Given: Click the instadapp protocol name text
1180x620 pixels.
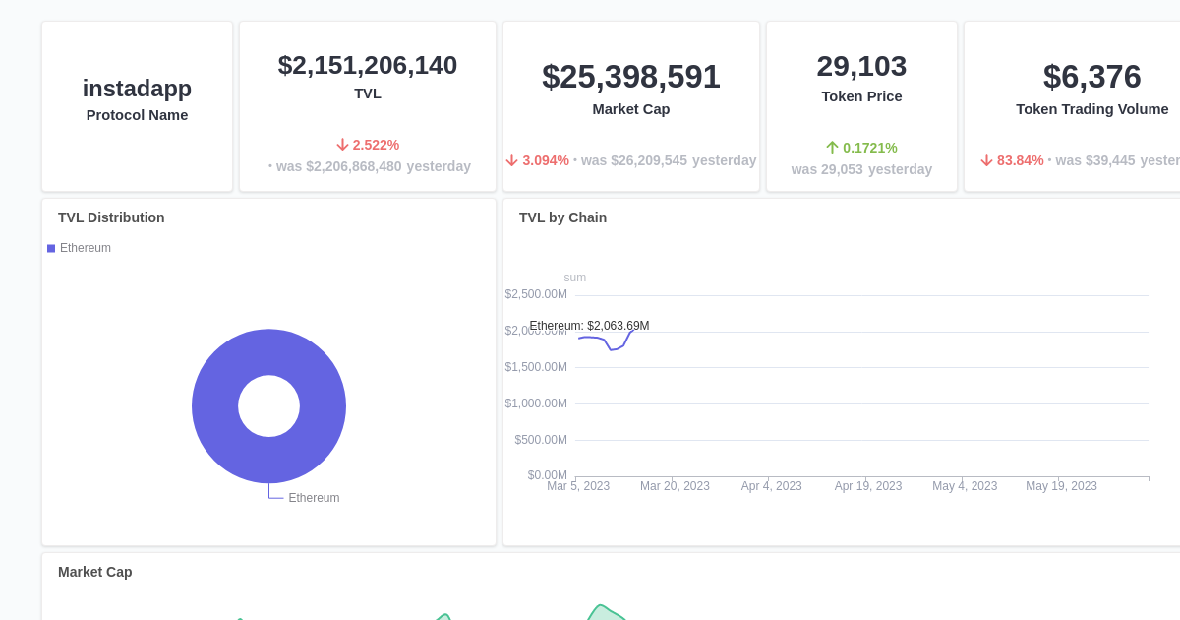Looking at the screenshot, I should [137, 89].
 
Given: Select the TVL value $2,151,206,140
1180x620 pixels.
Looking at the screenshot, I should [368, 65].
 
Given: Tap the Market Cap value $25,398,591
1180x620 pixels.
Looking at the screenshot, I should [631, 77].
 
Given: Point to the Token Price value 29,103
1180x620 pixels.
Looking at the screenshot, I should [861, 66].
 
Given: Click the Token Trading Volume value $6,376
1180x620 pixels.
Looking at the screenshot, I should [1091, 77].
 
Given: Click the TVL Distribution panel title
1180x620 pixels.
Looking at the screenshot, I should [111, 217].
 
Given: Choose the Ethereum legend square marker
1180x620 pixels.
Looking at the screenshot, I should [51, 248].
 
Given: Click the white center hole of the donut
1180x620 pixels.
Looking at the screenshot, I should [268, 406].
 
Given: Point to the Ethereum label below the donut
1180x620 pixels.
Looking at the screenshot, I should [314, 498].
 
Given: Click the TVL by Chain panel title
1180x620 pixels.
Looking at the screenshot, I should [562, 217].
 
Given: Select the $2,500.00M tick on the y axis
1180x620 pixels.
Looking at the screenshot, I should [536, 294].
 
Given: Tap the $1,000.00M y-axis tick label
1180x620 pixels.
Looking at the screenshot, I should [536, 403].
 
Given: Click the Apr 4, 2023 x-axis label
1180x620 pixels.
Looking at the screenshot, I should [771, 486].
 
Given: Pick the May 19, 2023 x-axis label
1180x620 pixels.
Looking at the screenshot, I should [1061, 486].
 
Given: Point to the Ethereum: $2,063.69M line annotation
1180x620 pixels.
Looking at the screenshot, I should [589, 326].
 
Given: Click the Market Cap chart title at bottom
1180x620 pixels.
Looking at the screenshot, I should [94, 572].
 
